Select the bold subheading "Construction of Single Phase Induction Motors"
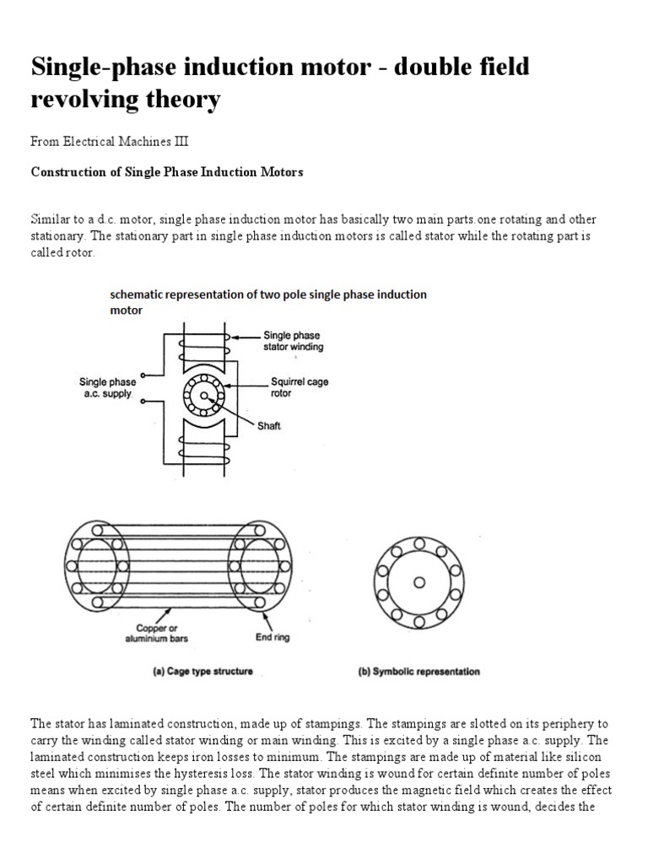pos(167,172)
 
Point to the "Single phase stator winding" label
pos(294,341)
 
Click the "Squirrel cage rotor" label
pos(300,387)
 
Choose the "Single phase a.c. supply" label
pos(106,387)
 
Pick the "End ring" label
pos(273,637)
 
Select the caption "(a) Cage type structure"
pos(197,672)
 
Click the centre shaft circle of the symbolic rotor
pos(419,581)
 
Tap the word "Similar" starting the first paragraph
pos(50,219)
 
